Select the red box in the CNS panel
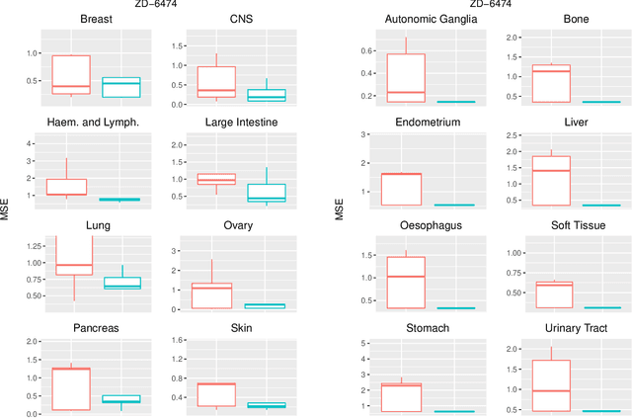tap(216, 82)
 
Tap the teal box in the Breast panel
tap(121, 88)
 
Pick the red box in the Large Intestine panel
tap(216, 179)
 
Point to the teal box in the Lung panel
tap(121, 283)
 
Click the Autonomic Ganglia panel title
tap(407, 19)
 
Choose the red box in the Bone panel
tap(550, 83)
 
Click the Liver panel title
tap(577, 123)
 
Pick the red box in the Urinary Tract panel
tap(550, 385)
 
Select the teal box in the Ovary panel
tap(265, 306)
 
